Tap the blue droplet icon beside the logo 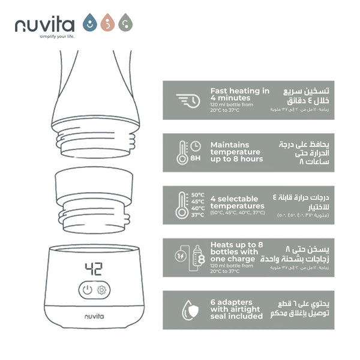click(89, 23)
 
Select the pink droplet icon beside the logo click(107, 23)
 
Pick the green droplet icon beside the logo click(125, 23)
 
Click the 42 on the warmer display click(94, 268)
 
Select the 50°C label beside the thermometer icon click(197, 195)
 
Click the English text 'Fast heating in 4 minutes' click(239, 95)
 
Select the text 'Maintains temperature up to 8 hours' click(236, 152)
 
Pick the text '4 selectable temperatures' click(234, 202)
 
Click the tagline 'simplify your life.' click(44, 37)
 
